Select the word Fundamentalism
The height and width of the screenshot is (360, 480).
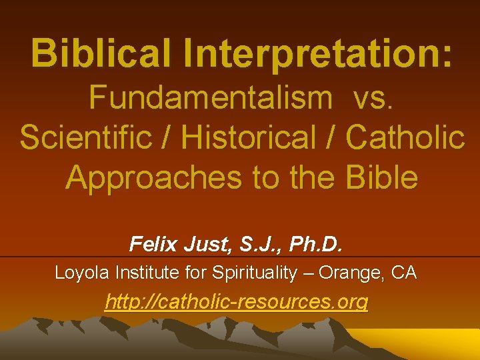click(211, 98)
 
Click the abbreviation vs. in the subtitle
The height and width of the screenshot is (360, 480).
click(375, 98)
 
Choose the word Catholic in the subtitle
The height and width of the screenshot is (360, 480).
click(405, 137)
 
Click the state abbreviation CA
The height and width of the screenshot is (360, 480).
click(405, 273)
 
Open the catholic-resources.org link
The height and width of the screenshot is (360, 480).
click(237, 302)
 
